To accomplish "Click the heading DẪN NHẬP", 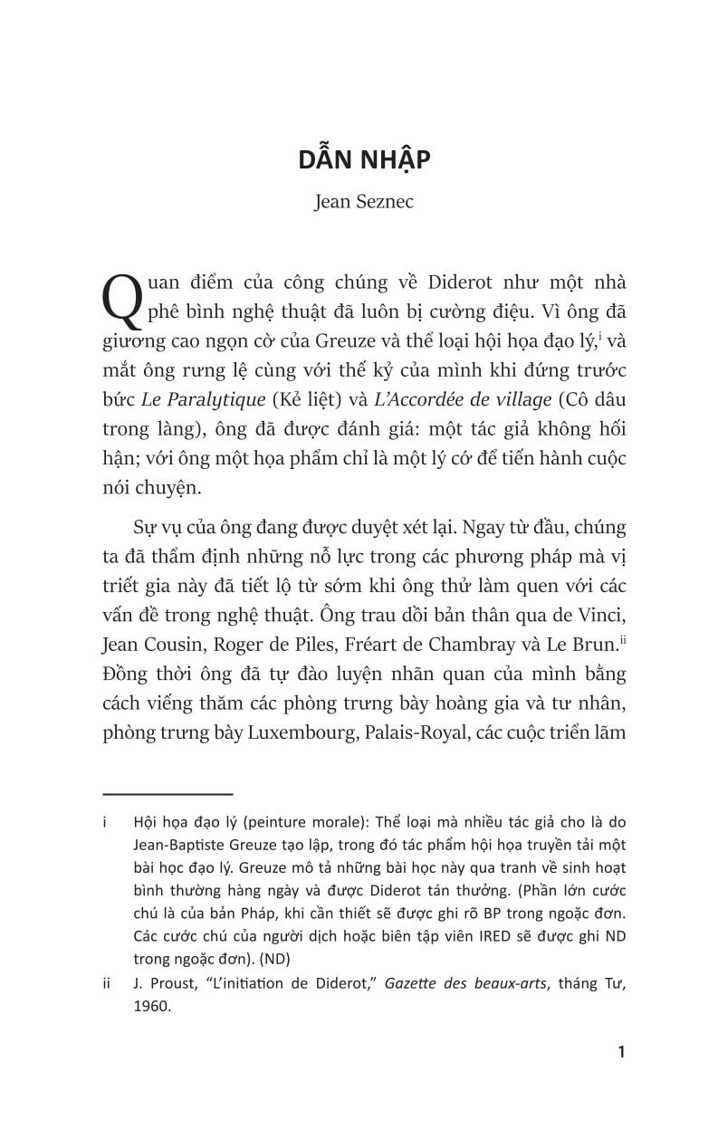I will click(364, 160).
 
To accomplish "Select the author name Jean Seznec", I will click(364, 202).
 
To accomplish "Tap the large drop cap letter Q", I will click(122, 295).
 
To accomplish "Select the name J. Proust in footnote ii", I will click(162, 986).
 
